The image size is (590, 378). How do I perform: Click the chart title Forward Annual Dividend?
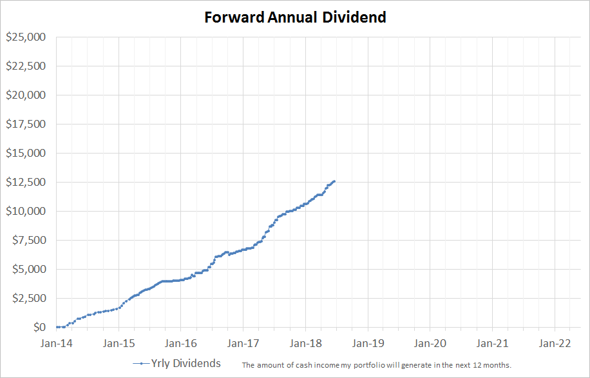[x=296, y=17]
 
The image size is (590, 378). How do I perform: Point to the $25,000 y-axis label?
[x=26, y=37]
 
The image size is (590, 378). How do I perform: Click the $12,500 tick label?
[x=26, y=182]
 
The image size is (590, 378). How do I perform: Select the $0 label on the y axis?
[x=39, y=327]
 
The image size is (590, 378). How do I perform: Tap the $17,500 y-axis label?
[x=26, y=124]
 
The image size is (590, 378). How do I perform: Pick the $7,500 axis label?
[x=29, y=240]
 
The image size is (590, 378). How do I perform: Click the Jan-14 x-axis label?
[x=57, y=343]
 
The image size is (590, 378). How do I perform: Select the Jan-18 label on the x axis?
[x=305, y=343]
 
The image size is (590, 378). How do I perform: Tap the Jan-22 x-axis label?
[x=555, y=343]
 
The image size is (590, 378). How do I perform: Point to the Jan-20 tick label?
[x=430, y=343]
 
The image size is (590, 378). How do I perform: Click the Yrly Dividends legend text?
[x=186, y=364]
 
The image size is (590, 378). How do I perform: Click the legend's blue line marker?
[x=142, y=364]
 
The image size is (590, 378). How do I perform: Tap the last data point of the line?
[x=334, y=181]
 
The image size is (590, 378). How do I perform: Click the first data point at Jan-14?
[x=57, y=327]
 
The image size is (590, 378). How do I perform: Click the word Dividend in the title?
[x=354, y=17]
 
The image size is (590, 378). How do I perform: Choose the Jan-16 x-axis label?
[x=181, y=343]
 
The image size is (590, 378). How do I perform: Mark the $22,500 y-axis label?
[x=26, y=66]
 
